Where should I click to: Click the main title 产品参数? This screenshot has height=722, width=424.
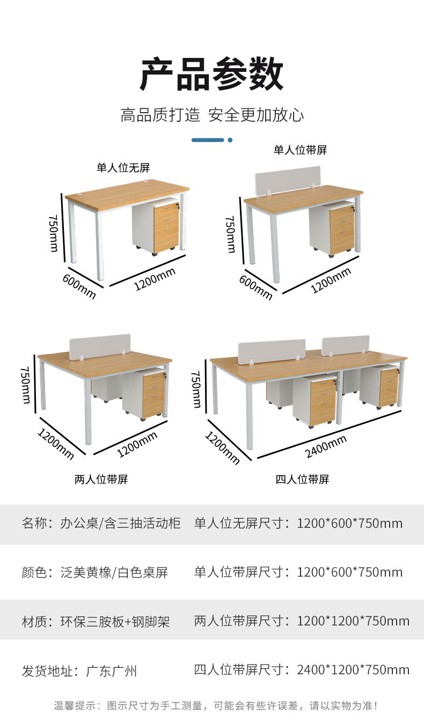[211, 74]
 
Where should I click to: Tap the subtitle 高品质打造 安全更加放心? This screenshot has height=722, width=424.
[212, 115]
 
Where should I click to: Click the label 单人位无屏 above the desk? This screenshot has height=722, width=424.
[123, 167]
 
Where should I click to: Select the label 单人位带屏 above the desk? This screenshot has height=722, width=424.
[300, 150]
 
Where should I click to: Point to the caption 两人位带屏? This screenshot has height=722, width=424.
[101, 480]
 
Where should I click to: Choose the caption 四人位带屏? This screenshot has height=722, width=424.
[302, 480]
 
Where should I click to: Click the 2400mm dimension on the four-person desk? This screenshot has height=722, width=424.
[326, 446]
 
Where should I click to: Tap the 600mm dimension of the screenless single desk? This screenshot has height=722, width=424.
[79, 286]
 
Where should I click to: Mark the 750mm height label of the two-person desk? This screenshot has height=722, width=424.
[25, 385]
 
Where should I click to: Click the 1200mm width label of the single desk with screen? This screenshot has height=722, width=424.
[331, 281]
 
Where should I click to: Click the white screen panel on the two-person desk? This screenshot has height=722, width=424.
[100, 347]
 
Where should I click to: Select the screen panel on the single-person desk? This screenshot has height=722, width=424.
[288, 180]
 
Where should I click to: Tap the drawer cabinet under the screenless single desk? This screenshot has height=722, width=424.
[156, 227]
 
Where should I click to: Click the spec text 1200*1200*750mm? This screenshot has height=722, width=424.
[353, 621]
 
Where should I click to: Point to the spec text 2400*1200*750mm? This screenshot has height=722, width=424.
[353, 670]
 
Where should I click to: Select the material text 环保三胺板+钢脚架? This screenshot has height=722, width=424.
[115, 622]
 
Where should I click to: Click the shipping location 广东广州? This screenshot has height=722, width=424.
[112, 671]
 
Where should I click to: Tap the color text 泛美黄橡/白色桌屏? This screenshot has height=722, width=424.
[114, 572]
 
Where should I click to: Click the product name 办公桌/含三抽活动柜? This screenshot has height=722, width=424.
[121, 523]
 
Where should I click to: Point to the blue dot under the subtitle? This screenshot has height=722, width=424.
[230, 140]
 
